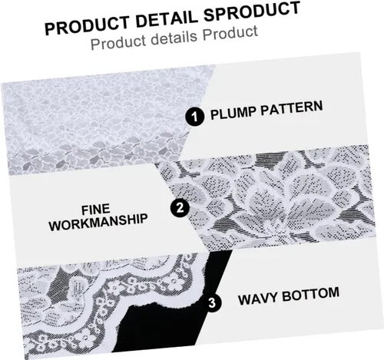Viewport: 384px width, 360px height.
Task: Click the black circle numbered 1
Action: click(195, 117)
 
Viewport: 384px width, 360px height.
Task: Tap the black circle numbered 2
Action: click(180, 207)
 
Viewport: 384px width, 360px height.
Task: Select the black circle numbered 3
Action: click(212, 302)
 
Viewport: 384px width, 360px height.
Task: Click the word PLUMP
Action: click(233, 113)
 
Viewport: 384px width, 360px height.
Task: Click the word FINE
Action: click(96, 210)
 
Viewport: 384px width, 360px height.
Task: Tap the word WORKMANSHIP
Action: click(98, 223)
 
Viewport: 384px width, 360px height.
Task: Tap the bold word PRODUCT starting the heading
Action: click(88, 25)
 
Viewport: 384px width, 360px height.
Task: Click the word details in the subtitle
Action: click(174, 38)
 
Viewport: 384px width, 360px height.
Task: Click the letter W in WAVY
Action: click(244, 299)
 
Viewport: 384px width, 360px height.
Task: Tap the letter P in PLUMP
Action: click(214, 115)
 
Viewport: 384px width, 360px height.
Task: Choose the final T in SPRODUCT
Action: click(295, 8)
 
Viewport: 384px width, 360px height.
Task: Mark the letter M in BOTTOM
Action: click(333, 292)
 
